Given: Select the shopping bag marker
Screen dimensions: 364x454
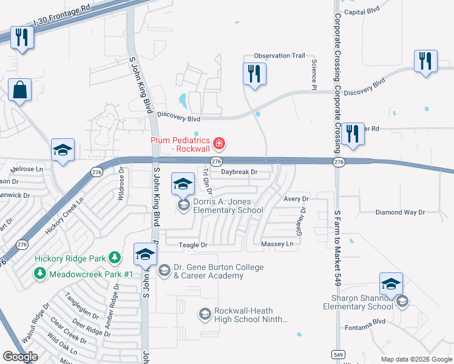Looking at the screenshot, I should point(20,91).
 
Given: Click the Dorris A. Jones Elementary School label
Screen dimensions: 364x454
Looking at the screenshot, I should point(228,206).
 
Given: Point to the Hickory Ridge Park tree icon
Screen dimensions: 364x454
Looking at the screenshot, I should point(113,258).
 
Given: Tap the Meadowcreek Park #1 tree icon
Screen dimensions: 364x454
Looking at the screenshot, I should point(40,274).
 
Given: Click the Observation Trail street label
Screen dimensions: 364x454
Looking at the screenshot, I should point(279,56).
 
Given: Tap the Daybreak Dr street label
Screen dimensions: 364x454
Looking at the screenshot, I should point(239,172).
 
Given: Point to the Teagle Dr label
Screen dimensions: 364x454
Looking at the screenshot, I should point(193,245).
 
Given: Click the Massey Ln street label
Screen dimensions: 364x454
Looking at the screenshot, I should point(277,244).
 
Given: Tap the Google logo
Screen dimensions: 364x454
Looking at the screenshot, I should point(20,357).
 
